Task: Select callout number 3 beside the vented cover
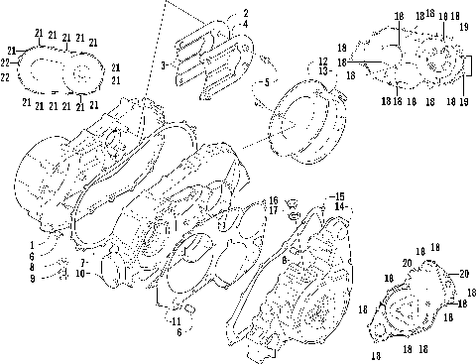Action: pyautogui.click(x=163, y=64)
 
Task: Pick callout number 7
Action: pyautogui.click(x=82, y=262)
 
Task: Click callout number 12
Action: pyautogui.click(x=323, y=61)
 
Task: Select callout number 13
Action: pyautogui.click(x=323, y=71)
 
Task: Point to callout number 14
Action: pyautogui.click(x=339, y=205)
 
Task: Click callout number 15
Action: pyautogui.click(x=339, y=195)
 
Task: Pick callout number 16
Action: pyautogui.click(x=273, y=200)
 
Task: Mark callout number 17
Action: pyautogui.click(x=273, y=210)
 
